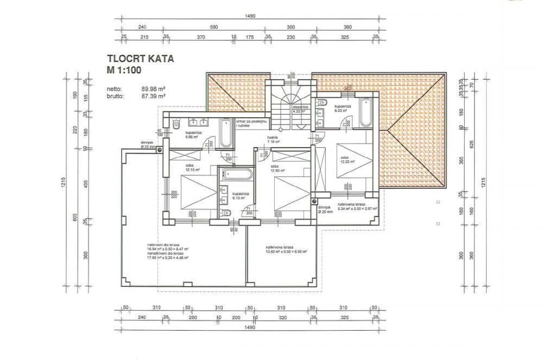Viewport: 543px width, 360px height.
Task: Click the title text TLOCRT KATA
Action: (x=140, y=59)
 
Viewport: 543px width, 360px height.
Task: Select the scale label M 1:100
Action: (x=125, y=70)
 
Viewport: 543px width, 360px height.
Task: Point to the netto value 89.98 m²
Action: (x=153, y=89)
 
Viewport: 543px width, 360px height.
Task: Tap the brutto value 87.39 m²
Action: (x=153, y=96)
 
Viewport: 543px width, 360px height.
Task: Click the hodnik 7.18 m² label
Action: (x=273, y=140)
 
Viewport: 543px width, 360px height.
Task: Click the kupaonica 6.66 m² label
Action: (x=194, y=135)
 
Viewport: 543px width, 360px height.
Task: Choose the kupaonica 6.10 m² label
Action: (x=240, y=195)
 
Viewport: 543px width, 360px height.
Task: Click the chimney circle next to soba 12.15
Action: (x=160, y=151)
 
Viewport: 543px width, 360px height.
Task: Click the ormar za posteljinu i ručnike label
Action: (x=249, y=124)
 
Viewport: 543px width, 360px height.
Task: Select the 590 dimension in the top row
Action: (x=213, y=27)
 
